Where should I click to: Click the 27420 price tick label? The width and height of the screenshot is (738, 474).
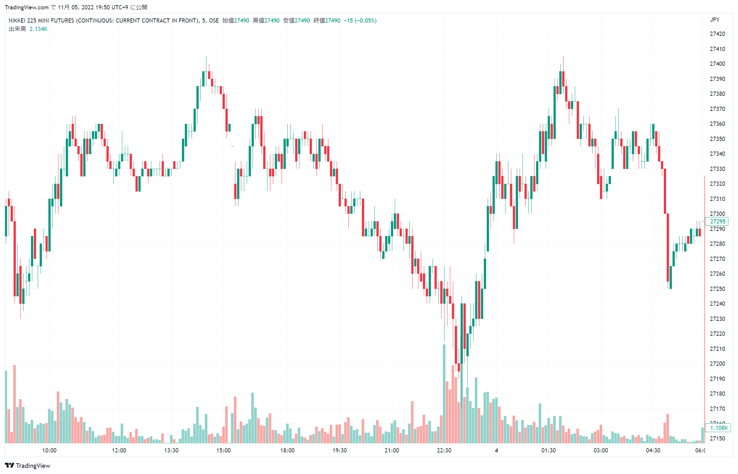[717, 34]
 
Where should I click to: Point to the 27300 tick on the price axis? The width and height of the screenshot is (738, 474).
[717, 213]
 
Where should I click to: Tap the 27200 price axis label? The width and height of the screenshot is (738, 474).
[717, 363]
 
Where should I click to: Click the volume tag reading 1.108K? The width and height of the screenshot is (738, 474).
[718, 428]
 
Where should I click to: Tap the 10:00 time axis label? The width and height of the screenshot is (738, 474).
[49, 450]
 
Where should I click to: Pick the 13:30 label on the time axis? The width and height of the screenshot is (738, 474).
[171, 450]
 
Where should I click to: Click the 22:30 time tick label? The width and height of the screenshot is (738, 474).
[444, 450]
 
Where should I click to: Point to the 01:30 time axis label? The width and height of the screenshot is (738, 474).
[548, 450]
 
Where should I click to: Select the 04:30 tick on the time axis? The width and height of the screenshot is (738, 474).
[653, 450]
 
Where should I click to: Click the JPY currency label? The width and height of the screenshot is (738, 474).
[714, 20]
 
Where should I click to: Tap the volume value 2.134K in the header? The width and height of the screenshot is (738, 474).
[38, 29]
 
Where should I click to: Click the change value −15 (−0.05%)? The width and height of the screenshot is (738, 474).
[360, 21]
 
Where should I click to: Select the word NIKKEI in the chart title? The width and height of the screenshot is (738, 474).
[17, 21]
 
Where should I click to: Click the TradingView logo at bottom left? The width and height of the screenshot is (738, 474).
[28, 465]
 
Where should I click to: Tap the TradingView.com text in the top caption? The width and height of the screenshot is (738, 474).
[26, 7]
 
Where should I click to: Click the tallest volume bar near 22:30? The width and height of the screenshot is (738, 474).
[444, 393]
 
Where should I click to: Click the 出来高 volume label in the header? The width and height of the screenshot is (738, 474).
[17, 29]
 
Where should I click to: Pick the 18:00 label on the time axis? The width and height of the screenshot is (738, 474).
[287, 450]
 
